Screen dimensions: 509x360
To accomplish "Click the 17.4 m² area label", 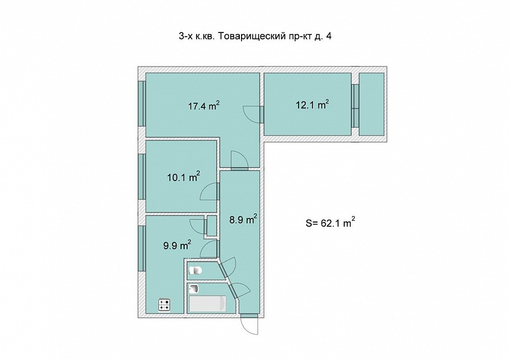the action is pos(204,106).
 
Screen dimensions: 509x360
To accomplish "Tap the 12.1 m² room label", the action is pos(312,104).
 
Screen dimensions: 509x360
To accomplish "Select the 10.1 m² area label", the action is pos(183,177).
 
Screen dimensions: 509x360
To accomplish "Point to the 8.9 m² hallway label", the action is pos(243,220).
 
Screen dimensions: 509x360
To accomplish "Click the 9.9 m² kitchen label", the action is pos(177,245).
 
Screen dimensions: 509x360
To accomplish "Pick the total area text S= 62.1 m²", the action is pos(330,223).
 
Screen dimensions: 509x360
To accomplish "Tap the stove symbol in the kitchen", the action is pos(164,305).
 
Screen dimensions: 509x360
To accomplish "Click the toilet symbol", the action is pos(195,271).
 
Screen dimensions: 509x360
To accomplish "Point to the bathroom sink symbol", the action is pos(194,289).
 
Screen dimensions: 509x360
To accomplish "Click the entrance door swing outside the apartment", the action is pos(249,325).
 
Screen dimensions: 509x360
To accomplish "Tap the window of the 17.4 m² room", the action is pos(141,103).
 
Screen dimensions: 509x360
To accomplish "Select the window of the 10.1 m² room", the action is pos(141,176).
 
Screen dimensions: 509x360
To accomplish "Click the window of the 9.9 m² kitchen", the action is pos(141,248).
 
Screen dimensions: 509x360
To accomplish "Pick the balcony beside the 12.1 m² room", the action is pos(371,104).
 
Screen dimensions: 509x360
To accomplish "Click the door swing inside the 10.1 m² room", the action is pos(209,191).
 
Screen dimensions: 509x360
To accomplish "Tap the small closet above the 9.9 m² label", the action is pos(212,226).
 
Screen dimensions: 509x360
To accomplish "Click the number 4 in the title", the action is pos(329,36).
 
